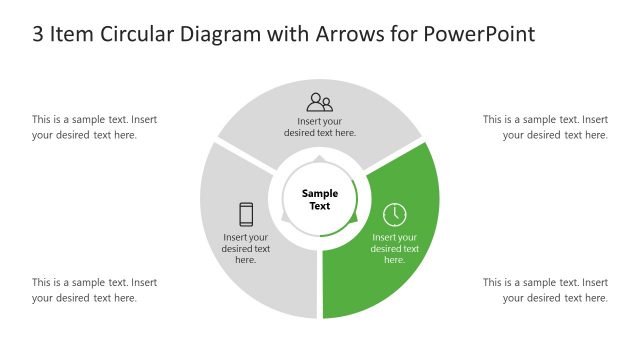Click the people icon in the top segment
click(320, 101)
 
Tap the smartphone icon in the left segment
click(246, 214)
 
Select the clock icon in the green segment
click(395, 214)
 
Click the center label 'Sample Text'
click(320, 200)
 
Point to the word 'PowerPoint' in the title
click(480, 34)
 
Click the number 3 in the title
click(38, 34)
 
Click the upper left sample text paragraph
click(94, 127)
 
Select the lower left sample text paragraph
click(94, 290)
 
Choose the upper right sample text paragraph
click(545, 127)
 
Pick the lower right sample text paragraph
click(545, 290)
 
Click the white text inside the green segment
click(395, 248)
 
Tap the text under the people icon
click(320, 126)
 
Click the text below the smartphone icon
click(246, 248)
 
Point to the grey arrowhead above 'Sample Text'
click(320, 158)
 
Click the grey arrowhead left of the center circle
click(286, 217)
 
